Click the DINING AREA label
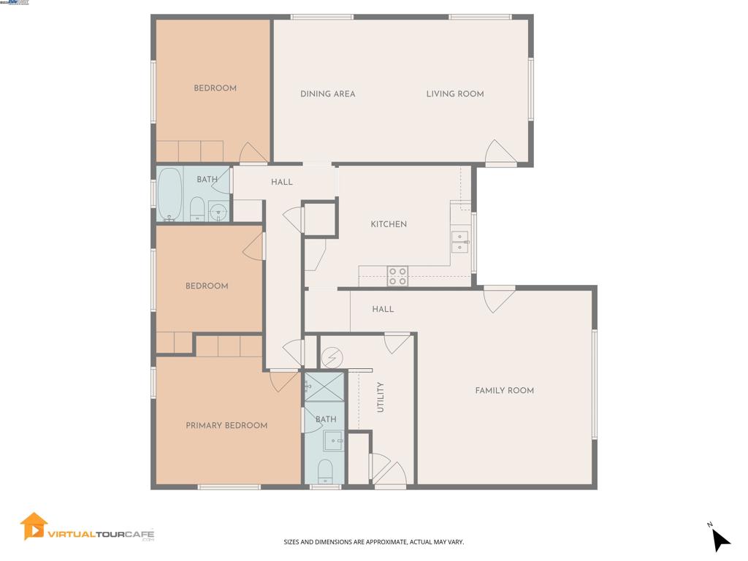[x=328, y=93]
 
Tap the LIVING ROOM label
[x=455, y=93]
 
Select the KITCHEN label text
[x=389, y=224]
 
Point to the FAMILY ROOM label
[x=504, y=391]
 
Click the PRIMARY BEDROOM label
[x=226, y=426]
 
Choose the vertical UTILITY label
[x=381, y=397]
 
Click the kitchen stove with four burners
[x=397, y=275]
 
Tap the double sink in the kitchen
[x=459, y=242]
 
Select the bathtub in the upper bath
[x=169, y=194]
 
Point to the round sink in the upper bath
[x=218, y=212]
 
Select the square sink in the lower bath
[x=333, y=441]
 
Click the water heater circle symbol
[x=332, y=357]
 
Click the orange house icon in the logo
[x=34, y=526]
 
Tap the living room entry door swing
[x=500, y=153]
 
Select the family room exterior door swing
[x=500, y=299]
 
